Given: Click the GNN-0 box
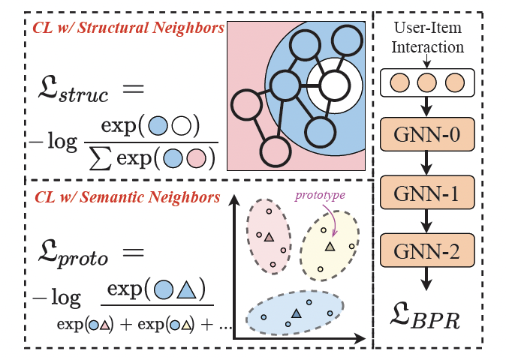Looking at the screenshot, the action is tap(427, 134).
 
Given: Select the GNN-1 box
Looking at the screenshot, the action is tap(427, 193).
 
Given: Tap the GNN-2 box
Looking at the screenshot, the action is tap(427, 250).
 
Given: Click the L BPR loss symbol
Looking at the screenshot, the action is tap(424, 316).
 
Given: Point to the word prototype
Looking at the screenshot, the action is tap(320, 195).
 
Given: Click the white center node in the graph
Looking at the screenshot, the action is tap(335, 85).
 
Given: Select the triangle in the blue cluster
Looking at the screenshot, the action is tap(296, 313).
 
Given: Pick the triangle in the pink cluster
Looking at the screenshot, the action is tap(269, 237).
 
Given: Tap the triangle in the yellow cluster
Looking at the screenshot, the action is tap(330, 247).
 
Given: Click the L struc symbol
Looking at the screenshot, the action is tap(73, 89).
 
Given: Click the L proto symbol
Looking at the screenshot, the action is tap(73, 254).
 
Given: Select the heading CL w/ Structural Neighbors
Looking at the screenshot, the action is tap(128, 28).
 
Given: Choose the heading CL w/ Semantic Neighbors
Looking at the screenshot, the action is tap(127, 197).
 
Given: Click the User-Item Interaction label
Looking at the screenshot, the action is tap(428, 37).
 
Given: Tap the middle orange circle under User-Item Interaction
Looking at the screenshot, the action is tap(427, 82).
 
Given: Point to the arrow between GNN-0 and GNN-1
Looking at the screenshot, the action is tap(426, 163).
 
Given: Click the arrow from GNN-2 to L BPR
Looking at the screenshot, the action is tap(426, 279).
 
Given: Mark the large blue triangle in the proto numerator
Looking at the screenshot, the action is tap(186, 290).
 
